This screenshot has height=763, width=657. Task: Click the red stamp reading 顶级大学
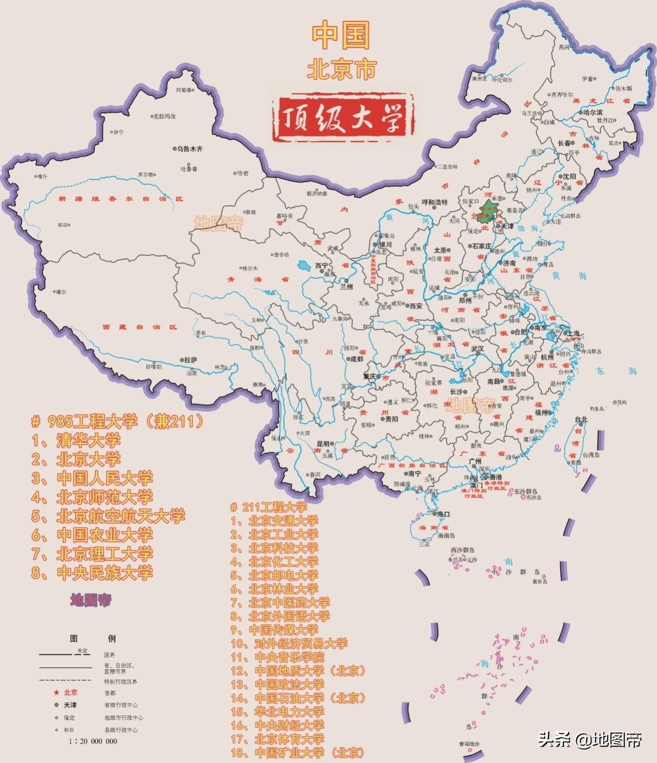click(x=341, y=119)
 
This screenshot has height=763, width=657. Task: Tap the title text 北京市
click(x=341, y=69)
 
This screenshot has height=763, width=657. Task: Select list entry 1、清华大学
click(x=76, y=441)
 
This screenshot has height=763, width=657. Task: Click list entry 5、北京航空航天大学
click(x=108, y=516)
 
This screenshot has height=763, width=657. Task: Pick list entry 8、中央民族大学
click(x=92, y=573)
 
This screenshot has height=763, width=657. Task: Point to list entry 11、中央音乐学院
click(x=278, y=657)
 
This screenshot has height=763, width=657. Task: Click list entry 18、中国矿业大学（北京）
click(x=298, y=753)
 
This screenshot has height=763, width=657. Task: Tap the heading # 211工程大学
click(x=269, y=507)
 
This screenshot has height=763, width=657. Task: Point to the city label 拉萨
click(x=191, y=360)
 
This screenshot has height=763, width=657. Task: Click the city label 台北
click(x=580, y=419)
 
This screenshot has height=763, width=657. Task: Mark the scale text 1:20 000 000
click(x=93, y=741)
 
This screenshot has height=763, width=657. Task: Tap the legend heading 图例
click(x=93, y=639)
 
